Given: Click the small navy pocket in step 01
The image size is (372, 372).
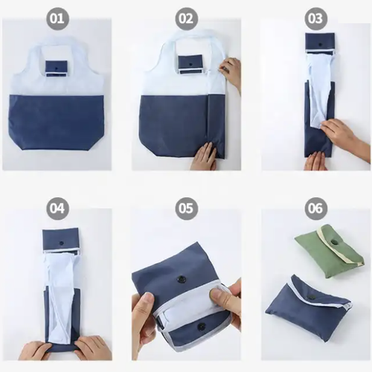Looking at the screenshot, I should (57, 67).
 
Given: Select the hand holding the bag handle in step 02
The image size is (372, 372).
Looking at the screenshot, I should (231, 72).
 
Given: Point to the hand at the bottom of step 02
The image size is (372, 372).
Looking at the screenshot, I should (203, 156).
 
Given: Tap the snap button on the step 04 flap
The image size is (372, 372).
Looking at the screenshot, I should (61, 242).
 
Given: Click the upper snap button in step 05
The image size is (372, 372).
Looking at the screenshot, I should (181, 280).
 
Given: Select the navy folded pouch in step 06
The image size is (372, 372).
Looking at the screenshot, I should (305, 309).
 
